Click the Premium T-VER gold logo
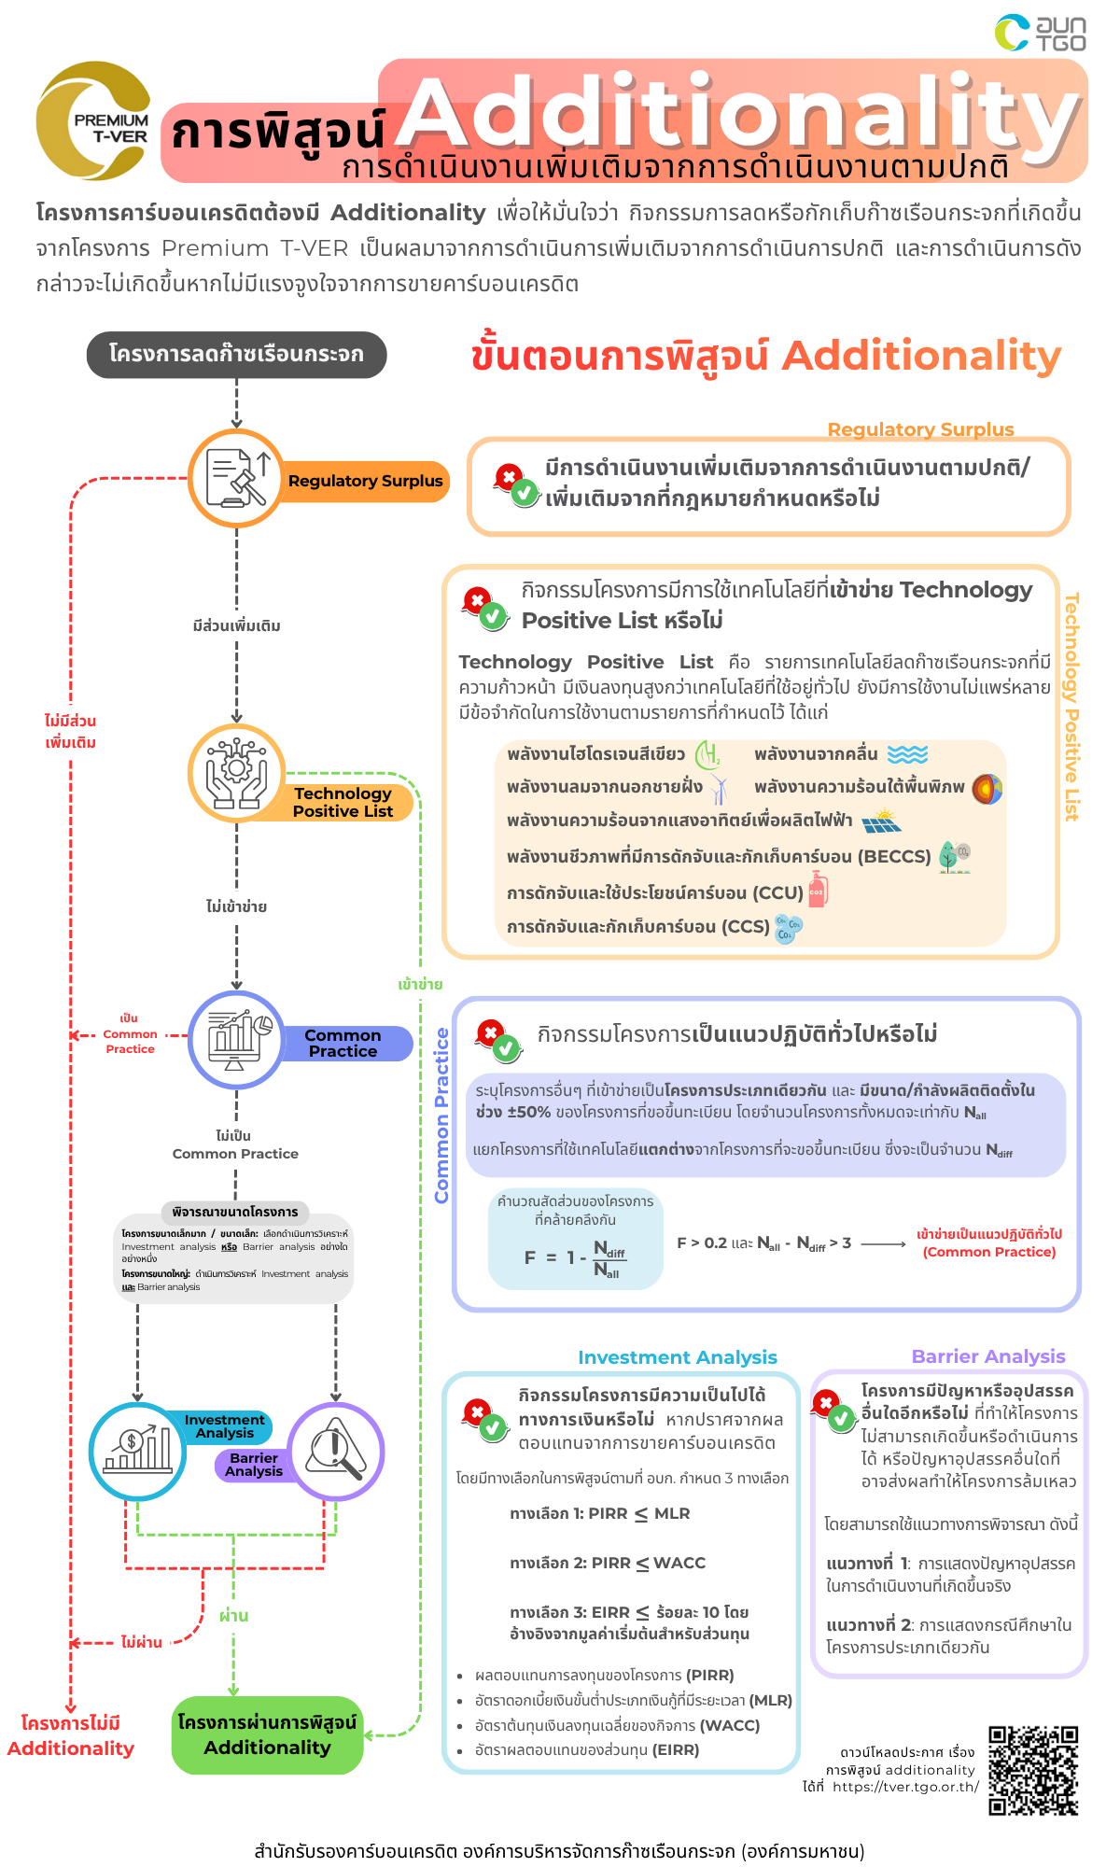pyautogui.click(x=93, y=121)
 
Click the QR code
pyautogui.click(x=1033, y=1770)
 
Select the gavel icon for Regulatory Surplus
pyautogui.click(x=236, y=478)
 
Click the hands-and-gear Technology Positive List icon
pyautogui.click(x=236, y=773)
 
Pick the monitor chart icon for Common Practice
pyautogui.click(x=236, y=1039)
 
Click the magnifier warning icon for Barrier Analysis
pyautogui.click(x=336, y=1450)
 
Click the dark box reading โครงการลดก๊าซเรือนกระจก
pyautogui.click(x=236, y=355)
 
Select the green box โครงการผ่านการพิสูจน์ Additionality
pyautogui.click(x=267, y=1734)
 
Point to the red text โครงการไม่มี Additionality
pyautogui.click(x=71, y=1735)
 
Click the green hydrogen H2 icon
pyautogui.click(x=708, y=754)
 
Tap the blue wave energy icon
pyautogui.click(x=907, y=754)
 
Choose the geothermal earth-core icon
pyautogui.click(x=987, y=788)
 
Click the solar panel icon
pyautogui.click(x=881, y=821)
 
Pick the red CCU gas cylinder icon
pyautogui.click(x=818, y=891)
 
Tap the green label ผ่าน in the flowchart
pyautogui.click(x=233, y=1615)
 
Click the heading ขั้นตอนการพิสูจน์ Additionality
pyautogui.click(x=765, y=356)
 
